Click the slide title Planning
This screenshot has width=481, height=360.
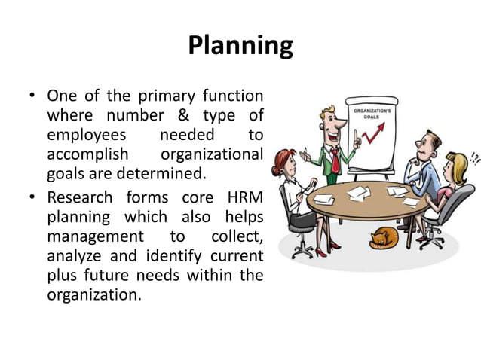[240, 45]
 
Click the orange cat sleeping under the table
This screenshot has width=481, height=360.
[384, 237]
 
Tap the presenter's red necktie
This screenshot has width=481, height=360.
[335, 160]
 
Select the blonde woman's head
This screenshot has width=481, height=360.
[456, 165]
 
